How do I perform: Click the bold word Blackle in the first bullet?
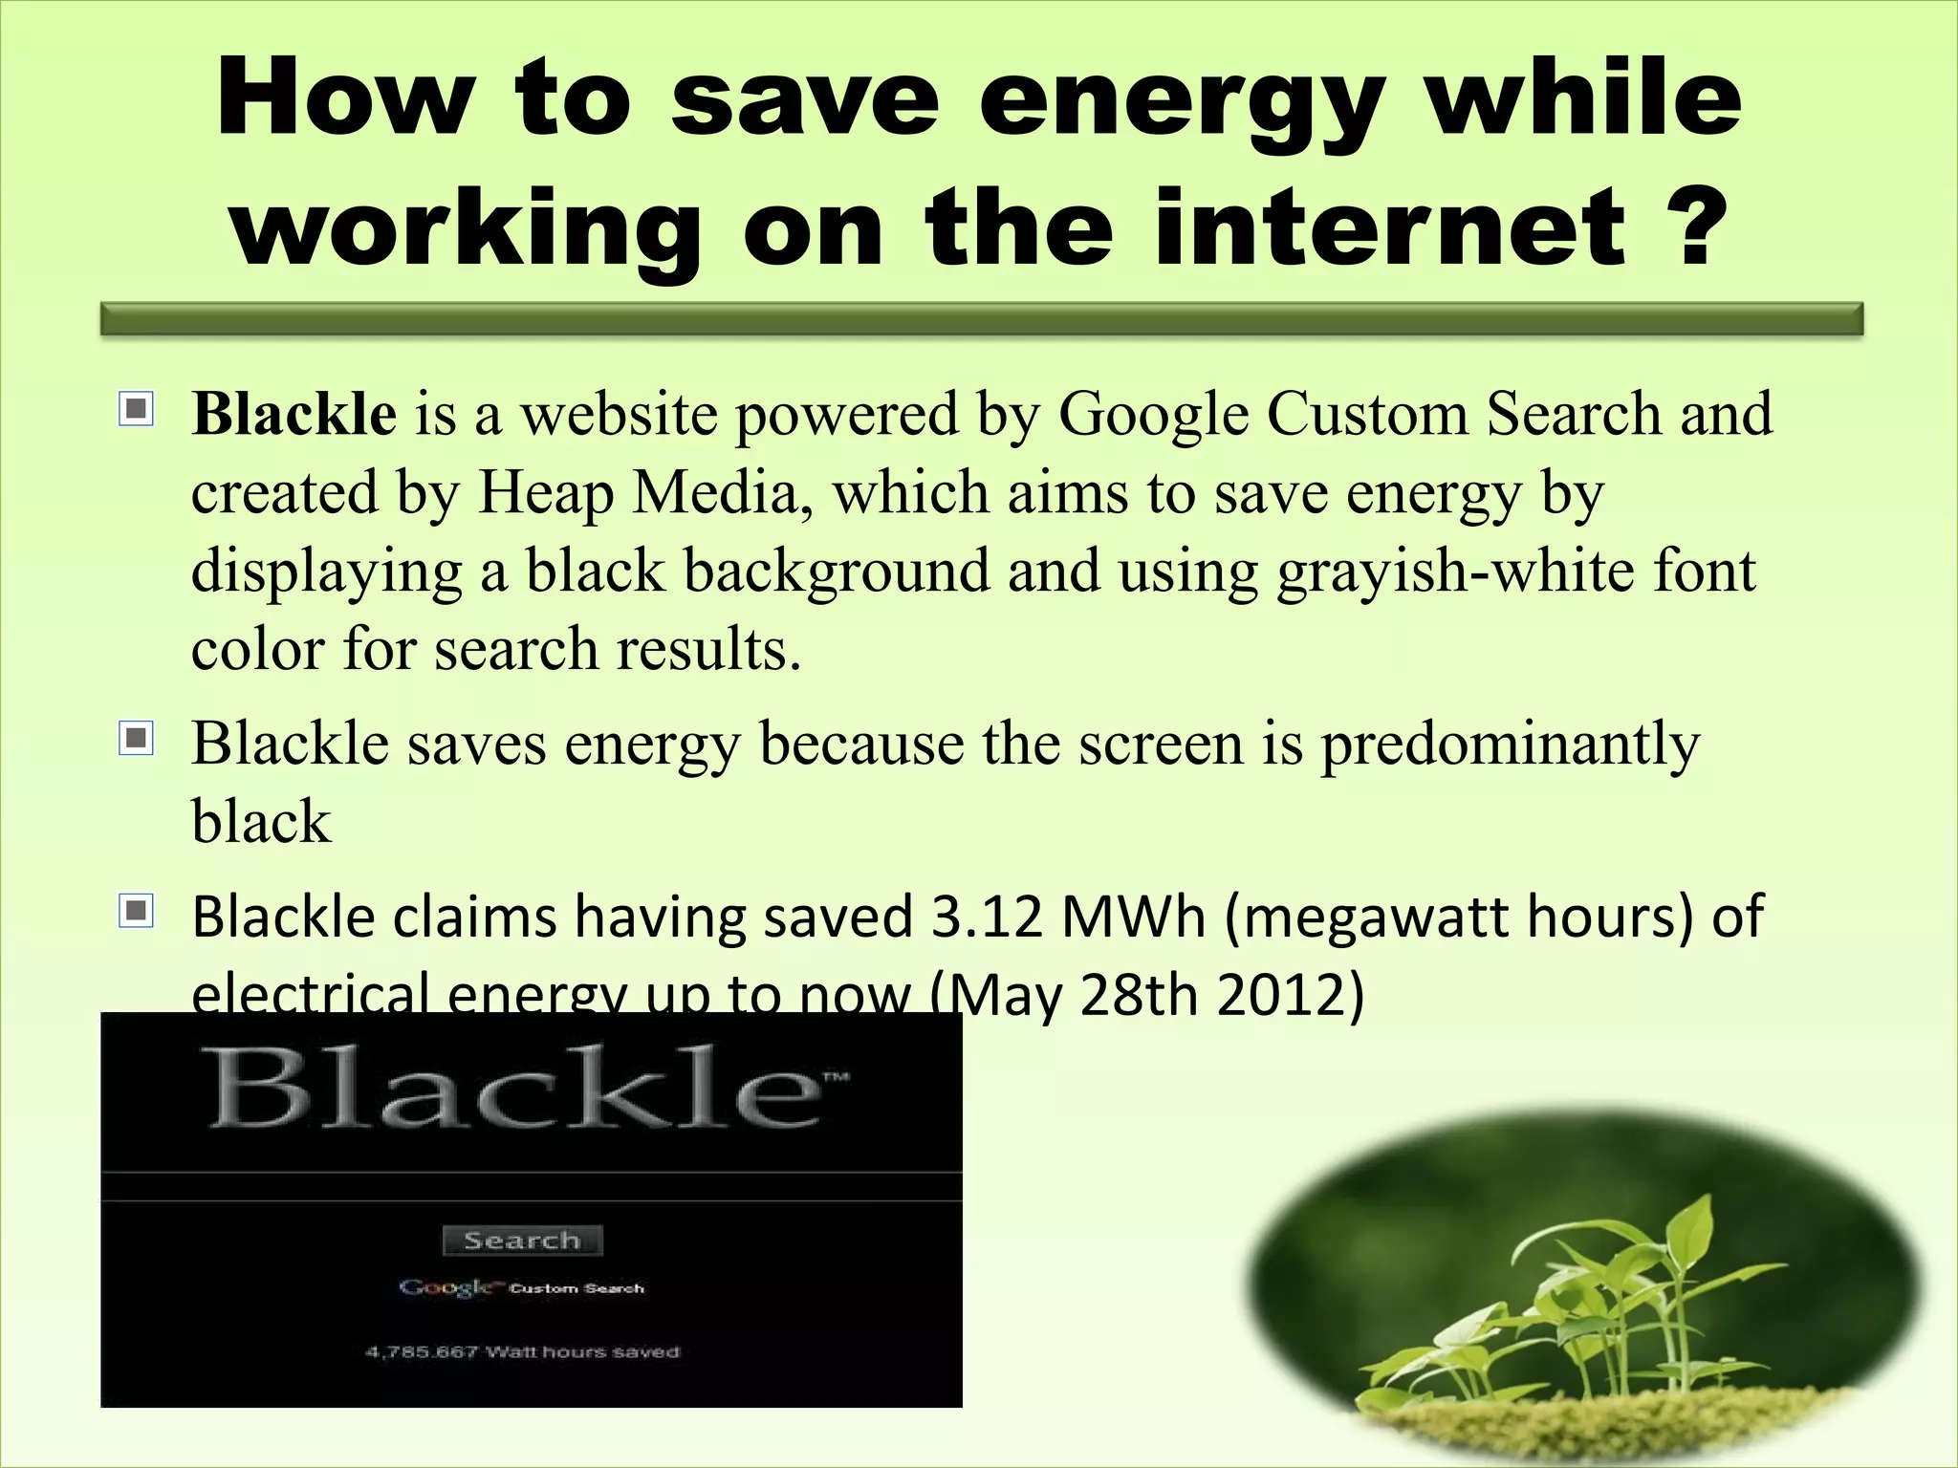294,414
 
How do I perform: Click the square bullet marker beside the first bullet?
137,410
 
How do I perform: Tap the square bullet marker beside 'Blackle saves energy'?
137,739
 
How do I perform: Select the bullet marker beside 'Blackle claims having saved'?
137,912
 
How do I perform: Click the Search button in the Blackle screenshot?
522,1241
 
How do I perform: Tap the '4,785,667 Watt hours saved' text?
522,1352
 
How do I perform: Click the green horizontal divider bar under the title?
982,319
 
